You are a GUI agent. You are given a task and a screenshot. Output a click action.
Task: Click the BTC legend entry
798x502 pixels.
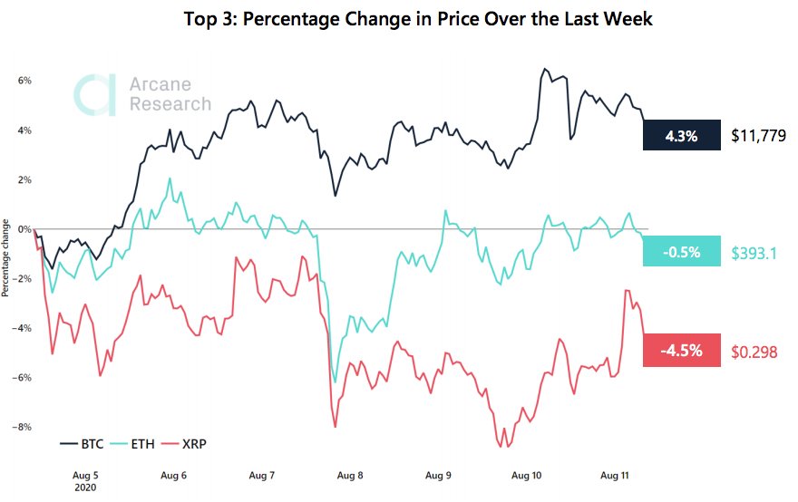(81, 444)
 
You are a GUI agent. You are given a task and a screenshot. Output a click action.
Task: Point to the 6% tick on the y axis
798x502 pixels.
(25, 81)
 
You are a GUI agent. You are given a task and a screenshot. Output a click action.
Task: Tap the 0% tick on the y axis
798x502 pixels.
(25, 229)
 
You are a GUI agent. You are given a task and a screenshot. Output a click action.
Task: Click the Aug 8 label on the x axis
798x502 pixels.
(351, 475)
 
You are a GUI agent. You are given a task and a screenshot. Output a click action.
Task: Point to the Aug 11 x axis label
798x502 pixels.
(616, 475)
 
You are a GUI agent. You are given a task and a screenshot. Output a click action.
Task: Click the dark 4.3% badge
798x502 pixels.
(681, 136)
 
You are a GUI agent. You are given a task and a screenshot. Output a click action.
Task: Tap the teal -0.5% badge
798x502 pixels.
(681, 252)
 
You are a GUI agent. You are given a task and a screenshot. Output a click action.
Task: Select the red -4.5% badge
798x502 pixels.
(681, 351)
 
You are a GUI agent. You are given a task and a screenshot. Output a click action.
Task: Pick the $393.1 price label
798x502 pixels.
(754, 253)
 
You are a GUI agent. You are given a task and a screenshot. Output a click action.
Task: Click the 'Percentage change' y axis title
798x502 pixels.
(6, 257)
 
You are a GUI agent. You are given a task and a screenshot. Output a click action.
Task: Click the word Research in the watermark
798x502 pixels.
(170, 104)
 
